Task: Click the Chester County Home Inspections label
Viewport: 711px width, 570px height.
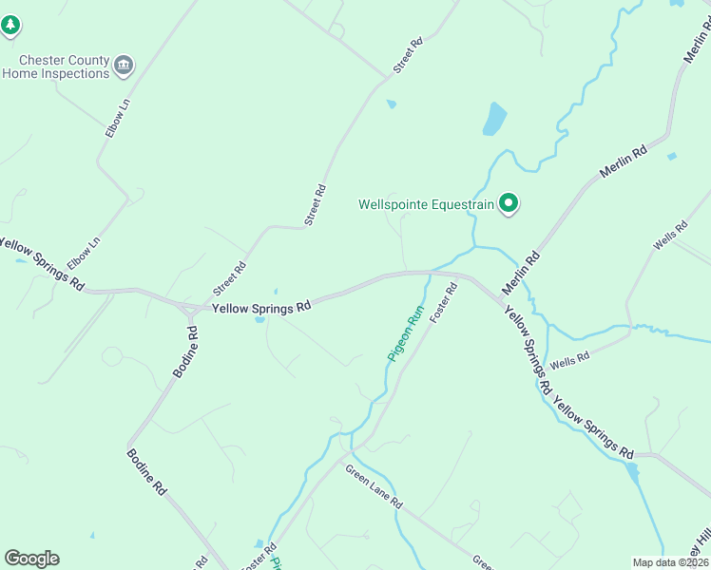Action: coord(56,66)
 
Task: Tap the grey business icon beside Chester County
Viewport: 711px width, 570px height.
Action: coord(124,66)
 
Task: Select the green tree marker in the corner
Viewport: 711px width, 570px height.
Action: coord(10,26)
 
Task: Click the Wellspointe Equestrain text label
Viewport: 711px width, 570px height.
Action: coord(427,204)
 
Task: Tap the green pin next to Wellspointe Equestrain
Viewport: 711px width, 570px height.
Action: coord(509,202)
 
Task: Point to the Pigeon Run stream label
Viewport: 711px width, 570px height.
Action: coord(403,332)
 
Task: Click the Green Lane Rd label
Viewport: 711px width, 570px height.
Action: coord(375,487)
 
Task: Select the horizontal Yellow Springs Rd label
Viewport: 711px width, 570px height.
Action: coord(261,308)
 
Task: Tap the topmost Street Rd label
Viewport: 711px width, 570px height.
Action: coord(407,56)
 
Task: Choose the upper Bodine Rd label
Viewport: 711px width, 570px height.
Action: coord(185,352)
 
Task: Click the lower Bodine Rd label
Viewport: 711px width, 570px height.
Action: coord(146,471)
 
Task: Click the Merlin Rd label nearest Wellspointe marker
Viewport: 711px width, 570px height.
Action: coord(521,272)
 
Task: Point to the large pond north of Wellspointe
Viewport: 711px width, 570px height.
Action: coord(494,119)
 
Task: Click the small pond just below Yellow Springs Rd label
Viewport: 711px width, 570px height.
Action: coord(259,319)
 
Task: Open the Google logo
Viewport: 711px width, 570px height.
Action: coord(31,559)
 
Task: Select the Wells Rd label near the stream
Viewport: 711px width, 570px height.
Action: coord(570,359)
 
